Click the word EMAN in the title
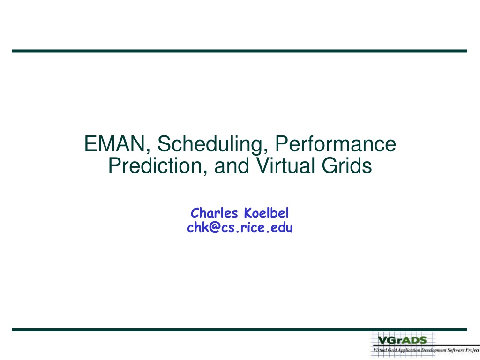point(114,143)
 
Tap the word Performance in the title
point(336,143)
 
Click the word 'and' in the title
point(232,165)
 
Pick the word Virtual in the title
point(285,165)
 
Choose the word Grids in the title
point(347,165)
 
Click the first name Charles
point(214,213)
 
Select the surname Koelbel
point(266,213)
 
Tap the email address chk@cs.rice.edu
point(240,227)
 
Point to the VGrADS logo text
point(402,340)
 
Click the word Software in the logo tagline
point(456,350)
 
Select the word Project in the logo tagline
point(472,350)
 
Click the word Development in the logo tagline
point(434,350)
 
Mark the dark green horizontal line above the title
point(240,51)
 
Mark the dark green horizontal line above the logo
point(240,330)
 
